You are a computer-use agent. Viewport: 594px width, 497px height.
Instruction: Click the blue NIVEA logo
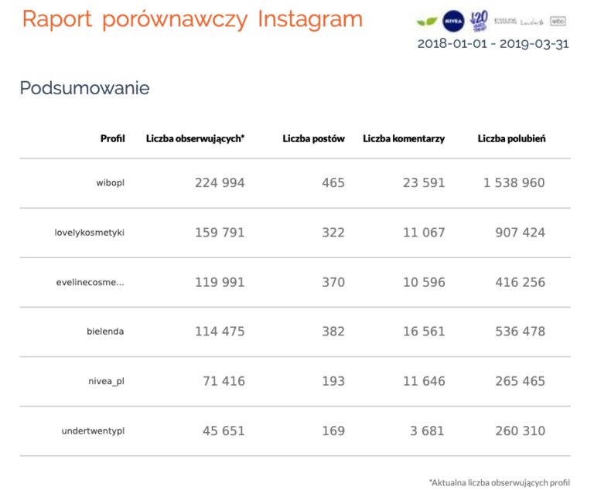(x=452, y=20)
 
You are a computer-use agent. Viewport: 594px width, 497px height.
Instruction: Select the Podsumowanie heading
(x=84, y=88)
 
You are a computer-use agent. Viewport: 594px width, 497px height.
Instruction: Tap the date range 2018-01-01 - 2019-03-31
(x=493, y=43)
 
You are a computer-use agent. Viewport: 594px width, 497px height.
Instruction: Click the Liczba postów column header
(x=313, y=139)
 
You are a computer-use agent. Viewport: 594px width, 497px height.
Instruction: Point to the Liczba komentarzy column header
(x=404, y=139)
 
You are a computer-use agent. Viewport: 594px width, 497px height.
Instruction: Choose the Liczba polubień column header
(x=511, y=139)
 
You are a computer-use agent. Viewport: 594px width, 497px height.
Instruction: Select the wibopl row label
(x=110, y=183)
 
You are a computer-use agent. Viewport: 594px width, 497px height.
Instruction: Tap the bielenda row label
(x=105, y=332)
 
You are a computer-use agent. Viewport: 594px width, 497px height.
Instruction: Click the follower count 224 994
(x=220, y=183)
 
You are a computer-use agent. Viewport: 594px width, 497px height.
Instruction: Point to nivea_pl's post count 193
(x=333, y=381)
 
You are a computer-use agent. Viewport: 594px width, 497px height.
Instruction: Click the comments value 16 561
(x=424, y=332)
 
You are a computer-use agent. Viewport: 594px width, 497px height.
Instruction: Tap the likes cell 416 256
(x=520, y=282)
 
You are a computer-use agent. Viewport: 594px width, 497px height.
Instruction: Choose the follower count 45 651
(x=224, y=431)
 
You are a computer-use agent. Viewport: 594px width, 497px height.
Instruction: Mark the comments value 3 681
(x=428, y=431)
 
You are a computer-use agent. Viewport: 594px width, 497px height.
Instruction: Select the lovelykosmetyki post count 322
(x=333, y=233)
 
